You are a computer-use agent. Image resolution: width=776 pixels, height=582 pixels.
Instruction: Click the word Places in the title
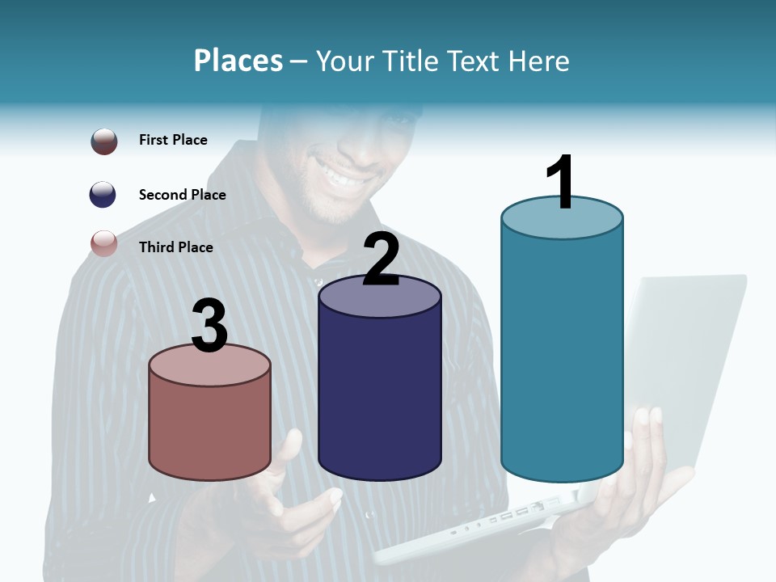pos(238,61)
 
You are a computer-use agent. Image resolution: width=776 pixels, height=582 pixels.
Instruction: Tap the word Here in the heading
pos(538,61)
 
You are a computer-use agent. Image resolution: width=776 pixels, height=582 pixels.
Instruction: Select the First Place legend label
pos(173,140)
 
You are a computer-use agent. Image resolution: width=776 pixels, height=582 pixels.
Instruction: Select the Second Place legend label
pos(182,194)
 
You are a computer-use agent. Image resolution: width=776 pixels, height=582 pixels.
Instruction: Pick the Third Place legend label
pos(175,247)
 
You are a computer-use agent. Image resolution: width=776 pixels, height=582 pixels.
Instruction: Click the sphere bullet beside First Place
pos(104,141)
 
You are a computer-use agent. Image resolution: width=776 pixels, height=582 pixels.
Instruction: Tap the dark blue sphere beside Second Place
pos(103,194)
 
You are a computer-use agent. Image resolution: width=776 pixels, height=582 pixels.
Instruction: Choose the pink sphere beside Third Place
pos(104,242)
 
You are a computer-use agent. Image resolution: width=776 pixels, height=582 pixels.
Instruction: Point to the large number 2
pos(381,259)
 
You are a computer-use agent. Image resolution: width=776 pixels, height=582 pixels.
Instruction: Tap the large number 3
pos(209,326)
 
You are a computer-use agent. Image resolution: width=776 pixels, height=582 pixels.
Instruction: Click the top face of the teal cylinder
pos(562,217)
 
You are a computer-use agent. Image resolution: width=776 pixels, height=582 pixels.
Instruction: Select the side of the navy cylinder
pos(380,388)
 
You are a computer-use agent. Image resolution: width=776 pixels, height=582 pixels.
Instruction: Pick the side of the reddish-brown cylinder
pos(209,428)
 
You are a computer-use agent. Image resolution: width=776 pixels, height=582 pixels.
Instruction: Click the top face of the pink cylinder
pos(209,365)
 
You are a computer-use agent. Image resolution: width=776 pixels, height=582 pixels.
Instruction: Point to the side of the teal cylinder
pos(562,356)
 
